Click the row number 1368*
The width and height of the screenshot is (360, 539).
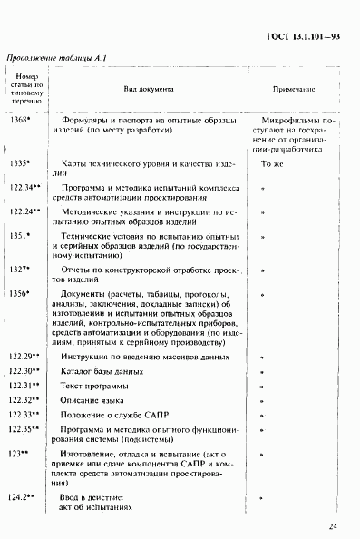[21, 120]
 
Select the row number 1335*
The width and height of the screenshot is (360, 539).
[21, 163]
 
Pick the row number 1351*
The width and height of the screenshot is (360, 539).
[21, 236]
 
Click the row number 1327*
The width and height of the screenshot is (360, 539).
[21, 269]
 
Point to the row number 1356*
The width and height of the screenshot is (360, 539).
[21, 293]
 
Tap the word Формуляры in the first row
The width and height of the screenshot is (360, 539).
[85, 120]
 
